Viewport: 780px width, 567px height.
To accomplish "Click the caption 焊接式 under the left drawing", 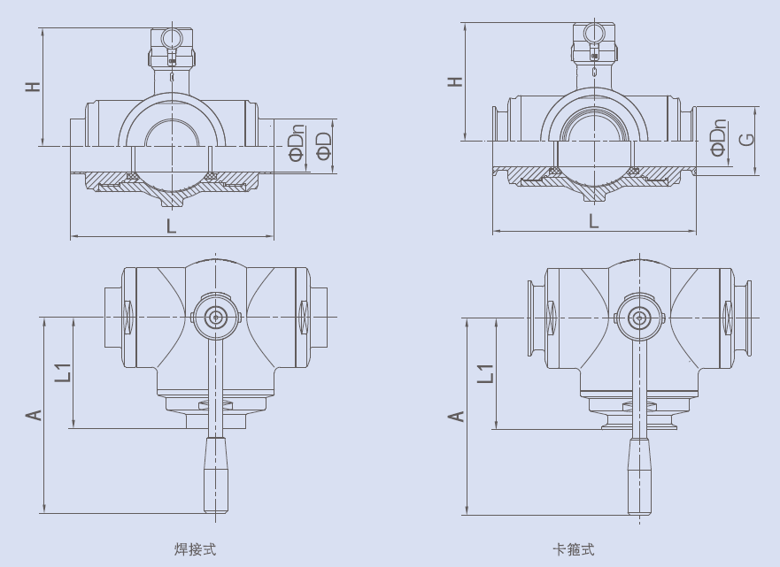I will pyautogui.click(x=196, y=549).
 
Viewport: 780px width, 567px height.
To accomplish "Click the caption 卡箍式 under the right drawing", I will pyautogui.click(x=574, y=549).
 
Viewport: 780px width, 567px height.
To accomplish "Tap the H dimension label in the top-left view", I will pyautogui.click(x=33, y=87).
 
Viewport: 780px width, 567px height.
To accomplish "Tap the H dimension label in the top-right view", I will pyautogui.click(x=456, y=81).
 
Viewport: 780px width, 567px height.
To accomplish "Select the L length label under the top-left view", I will pyautogui.click(x=171, y=226).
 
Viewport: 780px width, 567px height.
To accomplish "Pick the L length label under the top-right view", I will pyautogui.click(x=594, y=220).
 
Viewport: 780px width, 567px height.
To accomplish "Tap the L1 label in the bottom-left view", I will pyautogui.click(x=62, y=372).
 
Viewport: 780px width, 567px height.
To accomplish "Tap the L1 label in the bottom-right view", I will pyautogui.click(x=485, y=372).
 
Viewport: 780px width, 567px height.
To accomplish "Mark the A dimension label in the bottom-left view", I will pyautogui.click(x=34, y=414).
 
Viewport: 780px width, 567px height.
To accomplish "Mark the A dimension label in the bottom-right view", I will pyautogui.click(x=457, y=415).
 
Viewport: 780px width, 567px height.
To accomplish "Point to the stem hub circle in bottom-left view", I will pyautogui.click(x=215, y=317).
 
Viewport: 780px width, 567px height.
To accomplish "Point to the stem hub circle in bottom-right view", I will pyautogui.click(x=637, y=318).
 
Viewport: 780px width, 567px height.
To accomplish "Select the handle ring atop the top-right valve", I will pyautogui.click(x=593, y=33).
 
